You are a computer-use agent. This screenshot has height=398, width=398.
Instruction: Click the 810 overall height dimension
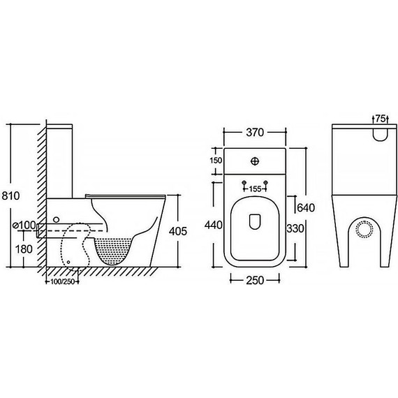pyautogui.click(x=10, y=196)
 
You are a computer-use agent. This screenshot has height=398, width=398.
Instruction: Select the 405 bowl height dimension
pyautogui.click(x=178, y=231)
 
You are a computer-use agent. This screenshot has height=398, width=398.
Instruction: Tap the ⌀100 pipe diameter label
pyautogui.click(x=24, y=225)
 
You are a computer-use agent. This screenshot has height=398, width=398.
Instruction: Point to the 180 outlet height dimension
pyautogui.click(x=24, y=249)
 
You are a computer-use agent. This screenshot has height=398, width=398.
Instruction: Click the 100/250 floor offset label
pyautogui.click(x=62, y=281)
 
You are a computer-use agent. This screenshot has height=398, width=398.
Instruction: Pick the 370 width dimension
pyautogui.click(x=255, y=132)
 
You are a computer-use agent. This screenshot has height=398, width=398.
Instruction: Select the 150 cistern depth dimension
pyautogui.click(x=216, y=161)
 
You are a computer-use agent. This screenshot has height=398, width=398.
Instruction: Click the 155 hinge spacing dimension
pyautogui.click(x=255, y=189)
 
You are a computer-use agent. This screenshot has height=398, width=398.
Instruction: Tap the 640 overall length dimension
pyautogui.click(x=306, y=208)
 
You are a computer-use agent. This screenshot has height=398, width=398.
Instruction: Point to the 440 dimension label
pyautogui.click(x=214, y=225)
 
